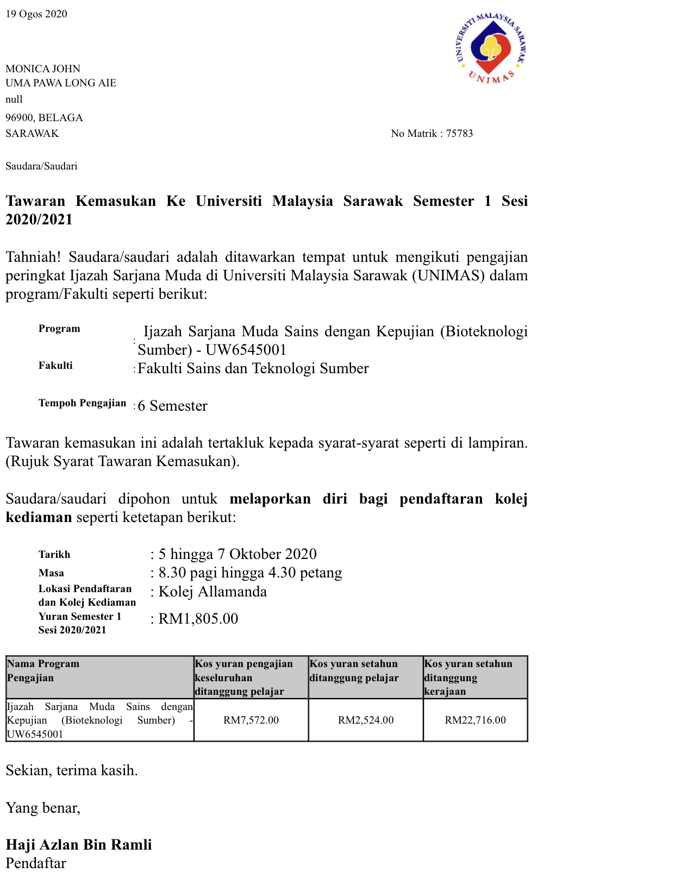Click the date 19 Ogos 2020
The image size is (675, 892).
pos(36,14)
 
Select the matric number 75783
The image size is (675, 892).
pos(459,134)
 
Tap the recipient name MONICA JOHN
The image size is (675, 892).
pos(43,69)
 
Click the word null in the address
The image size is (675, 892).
pos(14,99)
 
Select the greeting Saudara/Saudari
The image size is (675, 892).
pos(41,166)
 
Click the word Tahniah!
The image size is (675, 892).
pos(33,257)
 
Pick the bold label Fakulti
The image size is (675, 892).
pos(55,366)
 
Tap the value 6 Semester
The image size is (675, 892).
pos(172,406)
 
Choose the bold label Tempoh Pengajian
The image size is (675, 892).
pos(82,403)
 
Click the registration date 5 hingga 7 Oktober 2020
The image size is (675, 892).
pos(237,554)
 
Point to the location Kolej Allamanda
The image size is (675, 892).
pos(212,592)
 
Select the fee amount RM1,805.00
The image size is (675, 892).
pos(198,619)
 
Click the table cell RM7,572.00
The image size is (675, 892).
pos(251,720)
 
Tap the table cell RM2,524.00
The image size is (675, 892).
pos(366,720)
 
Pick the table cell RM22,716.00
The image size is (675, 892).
pos(475,720)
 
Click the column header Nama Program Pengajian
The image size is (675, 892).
pos(43,671)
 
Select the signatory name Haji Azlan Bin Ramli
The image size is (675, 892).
pos(79,845)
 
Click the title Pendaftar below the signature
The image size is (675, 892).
pos(36,863)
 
